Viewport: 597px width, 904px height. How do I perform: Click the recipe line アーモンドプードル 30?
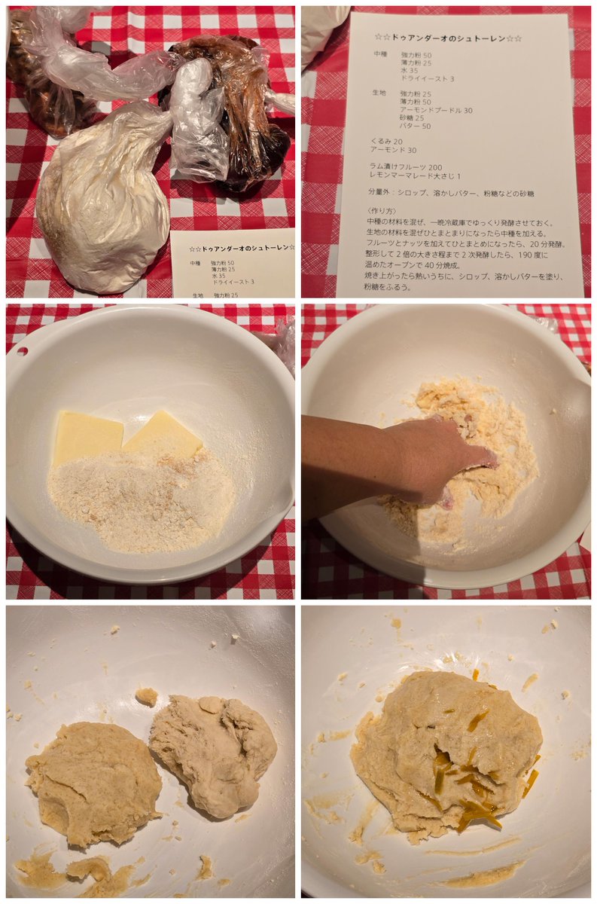tap(436, 110)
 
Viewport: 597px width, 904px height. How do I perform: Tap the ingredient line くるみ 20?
tap(385, 142)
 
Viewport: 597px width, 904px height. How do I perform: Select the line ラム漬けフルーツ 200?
tap(405, 167)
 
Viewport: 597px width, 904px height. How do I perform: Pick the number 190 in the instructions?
tap(519, 255)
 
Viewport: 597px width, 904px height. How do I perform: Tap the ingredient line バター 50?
tap(415, 126)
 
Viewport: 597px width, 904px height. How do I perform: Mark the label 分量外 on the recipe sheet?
tap(379, 194)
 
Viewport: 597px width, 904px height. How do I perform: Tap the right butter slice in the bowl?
tap(165, 435)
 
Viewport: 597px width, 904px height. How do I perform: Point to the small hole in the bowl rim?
tap(23, 351)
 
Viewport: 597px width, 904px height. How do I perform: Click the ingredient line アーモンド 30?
tap(393, 150)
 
